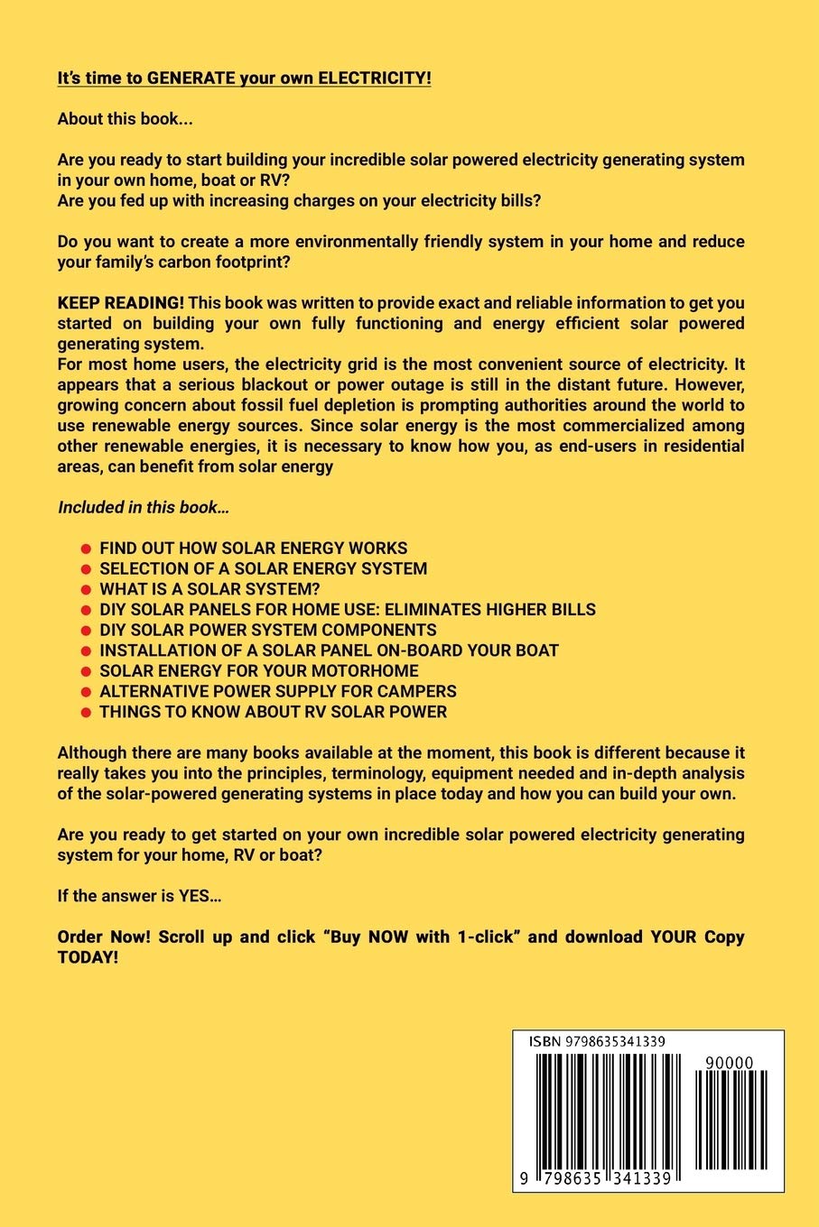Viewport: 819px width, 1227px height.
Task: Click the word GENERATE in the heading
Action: (x=191, y=78)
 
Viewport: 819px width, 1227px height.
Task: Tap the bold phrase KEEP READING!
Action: (x=120, y=303)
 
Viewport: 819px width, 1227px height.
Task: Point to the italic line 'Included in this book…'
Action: (x=144, y=507)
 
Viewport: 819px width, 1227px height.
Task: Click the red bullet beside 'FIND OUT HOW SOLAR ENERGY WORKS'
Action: (x=86, y=549)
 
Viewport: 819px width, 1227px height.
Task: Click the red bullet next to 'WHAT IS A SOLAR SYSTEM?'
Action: (x=86, y=590)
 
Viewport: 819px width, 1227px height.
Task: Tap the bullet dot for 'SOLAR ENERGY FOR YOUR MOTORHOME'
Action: (x=86, y=672)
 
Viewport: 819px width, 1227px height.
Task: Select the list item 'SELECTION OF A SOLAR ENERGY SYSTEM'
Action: (x=263, y=568)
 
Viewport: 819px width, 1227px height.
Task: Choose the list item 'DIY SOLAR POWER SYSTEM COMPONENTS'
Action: (x=267, y=630)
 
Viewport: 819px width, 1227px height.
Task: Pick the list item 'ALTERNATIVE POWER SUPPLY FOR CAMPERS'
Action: (x=277, y=691)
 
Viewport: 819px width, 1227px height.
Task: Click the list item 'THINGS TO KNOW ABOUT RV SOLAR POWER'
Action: (x=273, y=712)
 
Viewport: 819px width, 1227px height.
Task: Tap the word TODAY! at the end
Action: (x=88, y=957)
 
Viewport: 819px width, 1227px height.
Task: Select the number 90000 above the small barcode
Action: (x=730, y=1063)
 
